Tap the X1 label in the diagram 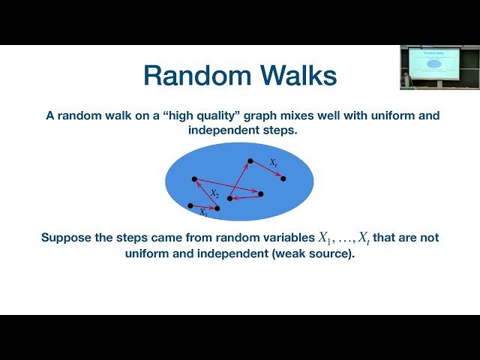click(205, 213)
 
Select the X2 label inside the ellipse click(214, 193)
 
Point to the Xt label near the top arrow click(274, 161)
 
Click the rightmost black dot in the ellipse click(283, 178)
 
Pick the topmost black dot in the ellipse click(250, 160)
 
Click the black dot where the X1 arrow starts click(190, 205)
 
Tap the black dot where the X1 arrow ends click(217, 208)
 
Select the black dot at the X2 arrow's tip click(194, 178)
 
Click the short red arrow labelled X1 click(203, 206)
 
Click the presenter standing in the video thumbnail click(406, 78)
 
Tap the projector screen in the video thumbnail click(432, 63)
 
